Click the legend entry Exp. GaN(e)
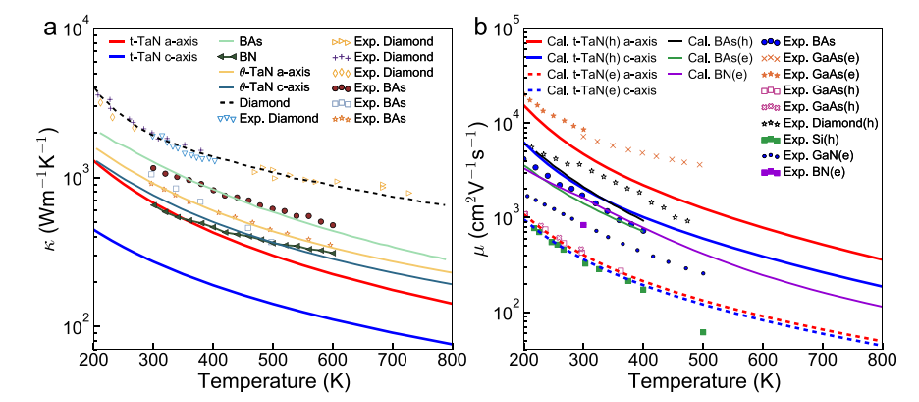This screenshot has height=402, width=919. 795,154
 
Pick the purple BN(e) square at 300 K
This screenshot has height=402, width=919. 583,225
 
